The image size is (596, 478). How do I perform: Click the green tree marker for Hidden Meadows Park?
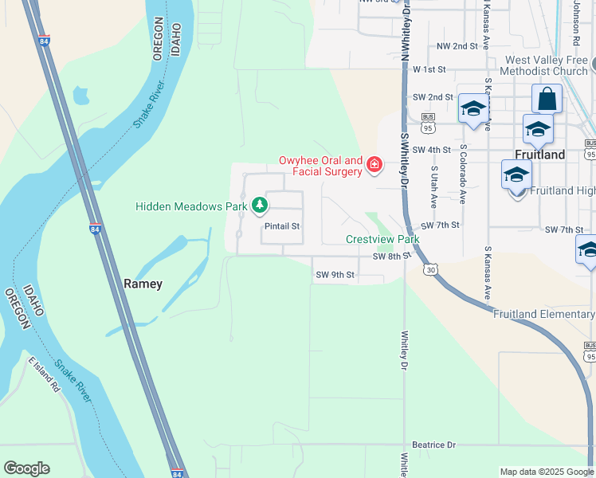(x=259, y=206)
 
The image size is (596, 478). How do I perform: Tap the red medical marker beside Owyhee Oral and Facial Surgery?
(x=374, y=167)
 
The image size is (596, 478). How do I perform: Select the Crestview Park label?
(x=382, y=239)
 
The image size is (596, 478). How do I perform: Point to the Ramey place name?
(x=143, y=284)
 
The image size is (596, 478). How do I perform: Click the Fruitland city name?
(x=539, y=155)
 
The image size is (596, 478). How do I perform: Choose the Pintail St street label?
(x=281, y=226)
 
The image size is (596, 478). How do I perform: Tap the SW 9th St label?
(x=335, y=275)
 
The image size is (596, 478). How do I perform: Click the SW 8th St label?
(x=390, y=257)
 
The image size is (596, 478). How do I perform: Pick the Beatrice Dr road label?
(x=433, y=444)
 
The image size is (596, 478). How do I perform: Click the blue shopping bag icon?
(x=547, y=100)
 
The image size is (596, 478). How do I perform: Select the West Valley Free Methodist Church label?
(x=546, y=65)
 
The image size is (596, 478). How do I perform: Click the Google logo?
(x=26, y=468)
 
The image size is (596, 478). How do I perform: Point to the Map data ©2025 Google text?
(x=546, y=472)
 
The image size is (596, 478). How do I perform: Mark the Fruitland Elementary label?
(x=543, y=314)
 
